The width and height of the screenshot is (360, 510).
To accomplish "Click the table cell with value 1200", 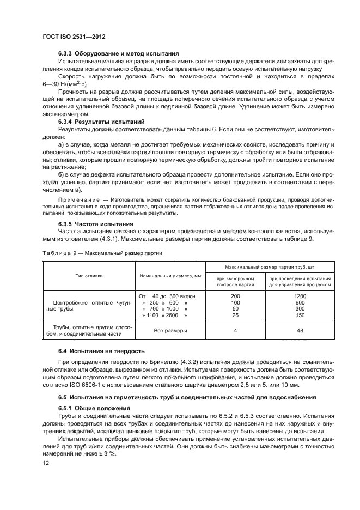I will pos(300,296).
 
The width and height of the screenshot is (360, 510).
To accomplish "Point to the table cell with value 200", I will pos(235,296).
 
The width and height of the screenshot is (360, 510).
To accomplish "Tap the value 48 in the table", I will pos(300,330).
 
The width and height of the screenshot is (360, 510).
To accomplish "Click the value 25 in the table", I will pos(235,315).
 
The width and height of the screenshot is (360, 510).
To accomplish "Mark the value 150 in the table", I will pos(300,315).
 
